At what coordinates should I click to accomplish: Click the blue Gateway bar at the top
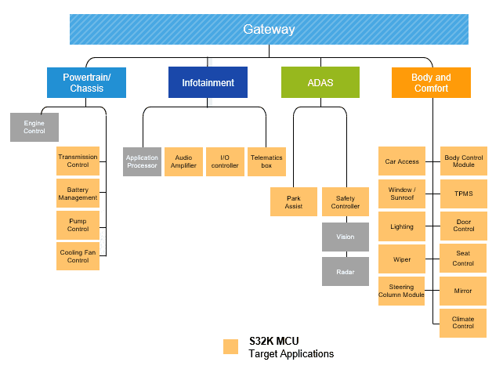pos(269,30)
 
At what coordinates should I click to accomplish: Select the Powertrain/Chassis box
pos(86,82)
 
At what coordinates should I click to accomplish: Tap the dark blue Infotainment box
pos(208,82)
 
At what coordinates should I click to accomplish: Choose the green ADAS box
pos(320,82)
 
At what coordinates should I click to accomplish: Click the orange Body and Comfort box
pos(431,82)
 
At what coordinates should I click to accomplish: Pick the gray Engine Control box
pos(34,127)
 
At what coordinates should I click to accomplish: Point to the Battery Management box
pos(78,194)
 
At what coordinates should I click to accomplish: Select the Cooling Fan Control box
pos(78,256)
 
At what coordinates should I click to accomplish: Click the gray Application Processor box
pos(142,161)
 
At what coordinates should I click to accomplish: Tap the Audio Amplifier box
pos(183,161)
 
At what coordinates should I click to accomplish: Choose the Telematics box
pos(266,161)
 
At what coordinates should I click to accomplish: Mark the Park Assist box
pos(294,201)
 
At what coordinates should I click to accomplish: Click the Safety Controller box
pos(346,201)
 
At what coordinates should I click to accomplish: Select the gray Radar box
pos(346,272)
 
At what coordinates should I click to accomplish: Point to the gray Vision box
pos(346,237)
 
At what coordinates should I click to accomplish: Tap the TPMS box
pos(463,194)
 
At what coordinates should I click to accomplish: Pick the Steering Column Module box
pos(401,291)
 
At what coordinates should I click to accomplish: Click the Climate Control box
pos(463,322)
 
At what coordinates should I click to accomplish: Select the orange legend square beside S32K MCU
pos(230,346)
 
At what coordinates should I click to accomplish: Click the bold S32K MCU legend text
pos(273,341)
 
